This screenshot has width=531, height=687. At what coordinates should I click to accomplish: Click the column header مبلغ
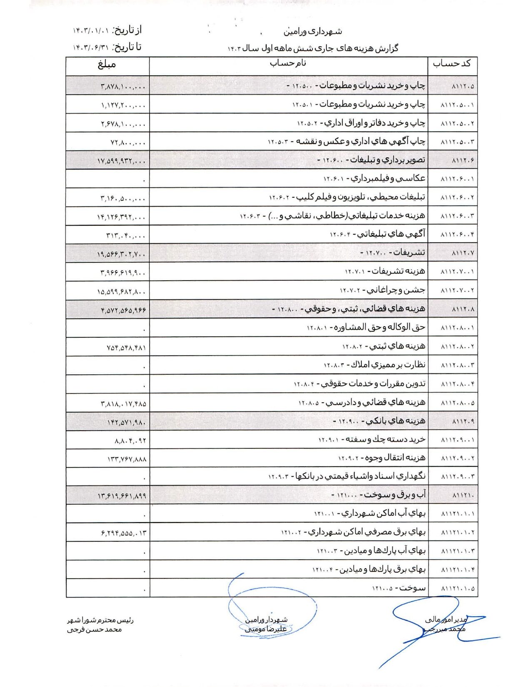[107, 65]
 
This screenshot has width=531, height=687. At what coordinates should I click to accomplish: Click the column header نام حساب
[288, 63]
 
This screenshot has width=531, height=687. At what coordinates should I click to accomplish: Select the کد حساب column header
[452, 64]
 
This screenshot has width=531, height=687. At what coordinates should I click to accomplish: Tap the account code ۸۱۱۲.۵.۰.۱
[457, 105]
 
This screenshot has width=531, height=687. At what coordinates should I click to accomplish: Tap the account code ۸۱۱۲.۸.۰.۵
[457, 403]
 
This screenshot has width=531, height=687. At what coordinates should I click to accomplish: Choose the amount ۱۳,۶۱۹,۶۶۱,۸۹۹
[122, 496]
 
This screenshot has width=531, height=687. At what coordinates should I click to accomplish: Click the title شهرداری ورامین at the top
[313, 32]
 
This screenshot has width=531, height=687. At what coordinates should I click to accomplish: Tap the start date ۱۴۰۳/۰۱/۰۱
[91, 31]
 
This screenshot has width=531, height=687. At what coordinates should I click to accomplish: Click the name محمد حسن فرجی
[95, 630]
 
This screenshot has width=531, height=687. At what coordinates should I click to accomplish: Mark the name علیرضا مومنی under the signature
[266, 629]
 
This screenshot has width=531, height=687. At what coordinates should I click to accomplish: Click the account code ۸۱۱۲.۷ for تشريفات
[463, 253]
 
